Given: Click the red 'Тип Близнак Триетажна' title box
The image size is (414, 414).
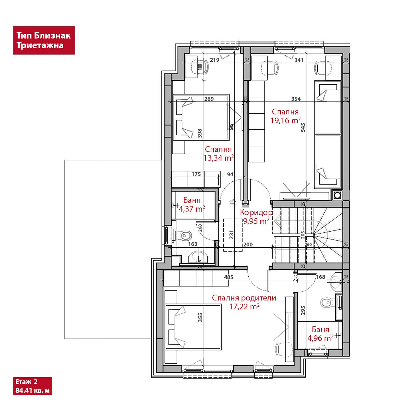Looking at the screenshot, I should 44,40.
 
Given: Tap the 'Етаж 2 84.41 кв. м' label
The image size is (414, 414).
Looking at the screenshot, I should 32,386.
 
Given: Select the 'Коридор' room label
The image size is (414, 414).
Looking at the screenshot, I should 256,212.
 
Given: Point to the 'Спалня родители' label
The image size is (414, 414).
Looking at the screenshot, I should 244,298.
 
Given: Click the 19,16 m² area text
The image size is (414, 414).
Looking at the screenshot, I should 285,121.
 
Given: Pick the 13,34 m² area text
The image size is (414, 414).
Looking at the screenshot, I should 218,158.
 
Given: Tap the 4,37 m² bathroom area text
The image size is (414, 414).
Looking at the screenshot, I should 192,209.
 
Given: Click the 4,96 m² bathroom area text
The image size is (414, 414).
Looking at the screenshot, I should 320,338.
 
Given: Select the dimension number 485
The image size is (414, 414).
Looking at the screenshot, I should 229,277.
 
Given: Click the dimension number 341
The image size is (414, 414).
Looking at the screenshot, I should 299,60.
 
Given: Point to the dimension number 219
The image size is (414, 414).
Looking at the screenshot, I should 215,60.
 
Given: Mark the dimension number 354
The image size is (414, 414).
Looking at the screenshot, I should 296,99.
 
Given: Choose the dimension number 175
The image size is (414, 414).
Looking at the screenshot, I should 196,174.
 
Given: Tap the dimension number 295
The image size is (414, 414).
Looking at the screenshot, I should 303,310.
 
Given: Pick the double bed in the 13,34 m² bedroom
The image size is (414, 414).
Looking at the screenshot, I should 201,117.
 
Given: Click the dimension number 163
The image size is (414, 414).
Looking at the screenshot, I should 193,244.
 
